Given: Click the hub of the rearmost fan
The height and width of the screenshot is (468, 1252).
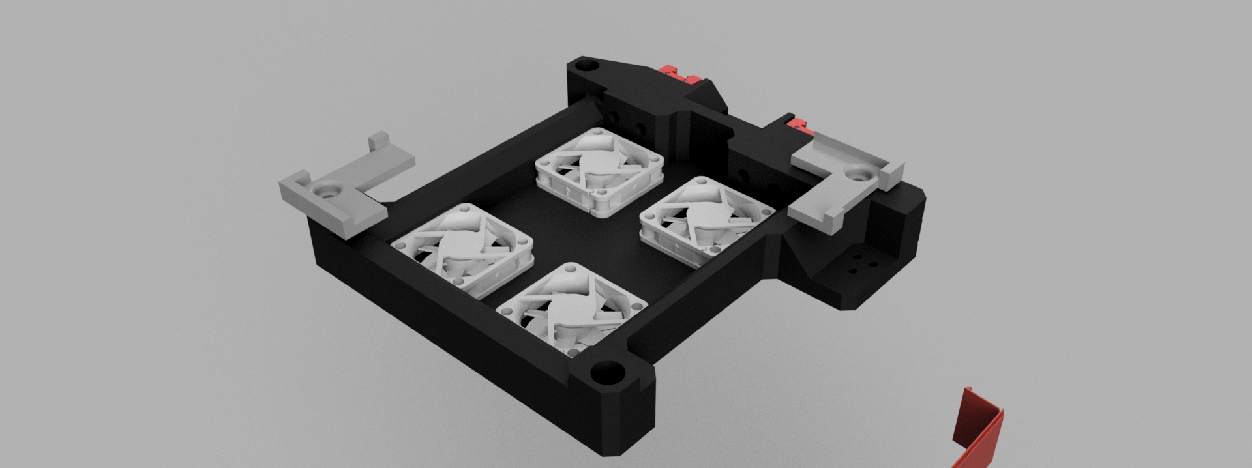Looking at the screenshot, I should (598, 164).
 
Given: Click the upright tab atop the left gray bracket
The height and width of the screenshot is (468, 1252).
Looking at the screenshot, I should (378, 141).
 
